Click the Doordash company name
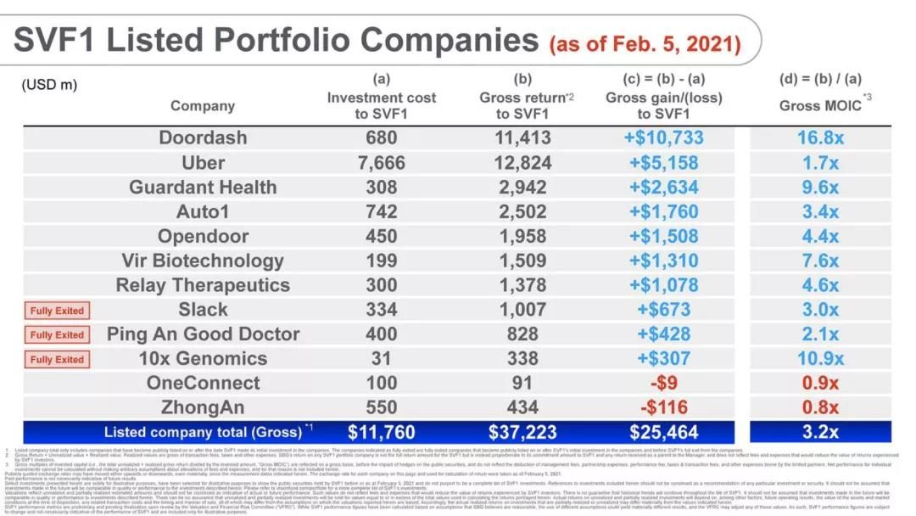click(x=203, y=137)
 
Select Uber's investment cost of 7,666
click(x=381, y=162)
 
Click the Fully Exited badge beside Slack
click(x=57, y=311)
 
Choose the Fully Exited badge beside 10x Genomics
click(x=57, y=359)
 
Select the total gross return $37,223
click(x=522, y=432)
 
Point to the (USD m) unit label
click(x=50, y=84)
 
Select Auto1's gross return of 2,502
click(x=522, y=211)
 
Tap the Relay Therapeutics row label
click(x=203, y=285)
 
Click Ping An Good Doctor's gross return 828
click(x=522, y=334)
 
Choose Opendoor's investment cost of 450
click(x=381, y=236)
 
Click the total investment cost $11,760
click(x=381, y=432)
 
